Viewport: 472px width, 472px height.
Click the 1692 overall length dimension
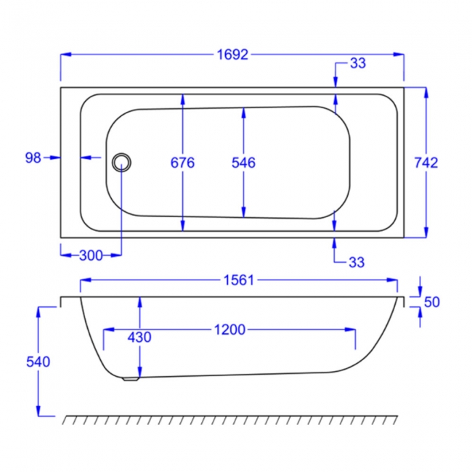pos(232,54)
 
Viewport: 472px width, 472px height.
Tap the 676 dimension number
pos(183,163)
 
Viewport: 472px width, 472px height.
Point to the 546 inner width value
pos(243,163)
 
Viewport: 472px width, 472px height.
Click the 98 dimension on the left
pos(33,157)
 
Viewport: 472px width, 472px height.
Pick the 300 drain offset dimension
pos(91,255)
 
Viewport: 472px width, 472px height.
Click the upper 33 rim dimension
pos(357,64)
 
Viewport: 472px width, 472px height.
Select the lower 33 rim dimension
pos(357,262)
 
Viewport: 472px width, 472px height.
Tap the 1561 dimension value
pos(237,281)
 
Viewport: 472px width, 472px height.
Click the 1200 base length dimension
pos(229,330)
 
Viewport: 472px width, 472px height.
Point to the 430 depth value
pos(139,337)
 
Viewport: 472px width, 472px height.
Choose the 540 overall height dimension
pos(38,362)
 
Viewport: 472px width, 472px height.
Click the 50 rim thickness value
pos(432,302)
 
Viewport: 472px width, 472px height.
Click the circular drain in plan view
pos(122,160)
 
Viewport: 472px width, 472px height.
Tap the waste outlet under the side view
pos(131,378)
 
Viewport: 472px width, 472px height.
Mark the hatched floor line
pos(231,420)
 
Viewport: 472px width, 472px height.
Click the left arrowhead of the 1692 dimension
pos(64,54)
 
